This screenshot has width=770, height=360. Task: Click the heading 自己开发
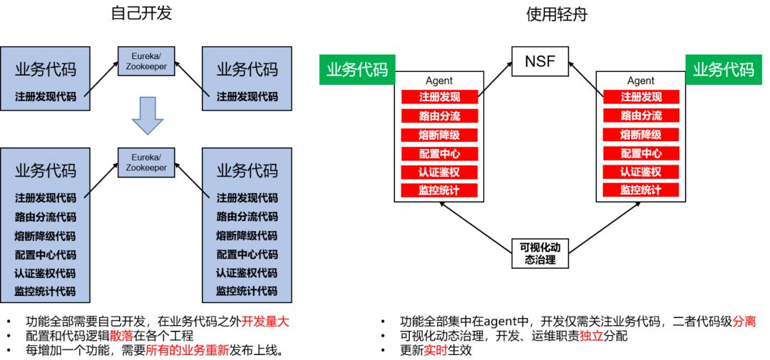[142, 14]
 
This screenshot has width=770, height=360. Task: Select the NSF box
[540, 61]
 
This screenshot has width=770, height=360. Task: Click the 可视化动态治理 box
[541, 253]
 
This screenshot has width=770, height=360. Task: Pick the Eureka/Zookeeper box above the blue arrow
[146, 61]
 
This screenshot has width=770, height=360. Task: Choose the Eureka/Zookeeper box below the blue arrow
[146, 162]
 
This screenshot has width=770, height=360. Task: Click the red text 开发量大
[265, 321]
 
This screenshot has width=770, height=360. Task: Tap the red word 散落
[122, 335]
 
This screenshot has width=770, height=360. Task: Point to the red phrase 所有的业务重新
[188, 350]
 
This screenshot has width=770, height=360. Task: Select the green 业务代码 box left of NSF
[356, 69]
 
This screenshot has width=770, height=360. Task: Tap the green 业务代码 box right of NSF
[724, 69]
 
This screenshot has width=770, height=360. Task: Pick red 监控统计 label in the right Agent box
[641, 190]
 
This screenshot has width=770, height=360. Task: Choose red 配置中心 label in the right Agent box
[641, 153]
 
